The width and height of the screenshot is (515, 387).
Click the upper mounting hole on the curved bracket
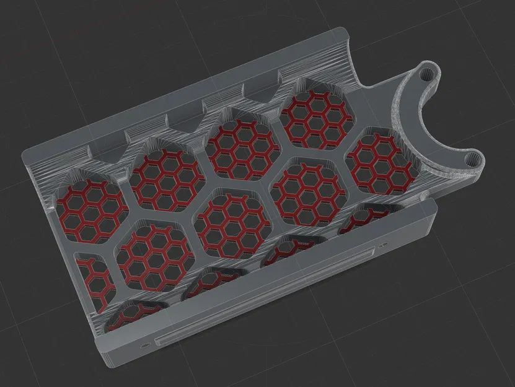426,72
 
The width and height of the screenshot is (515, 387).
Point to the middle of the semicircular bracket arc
410,118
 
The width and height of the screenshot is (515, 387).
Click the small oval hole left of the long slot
145,341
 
